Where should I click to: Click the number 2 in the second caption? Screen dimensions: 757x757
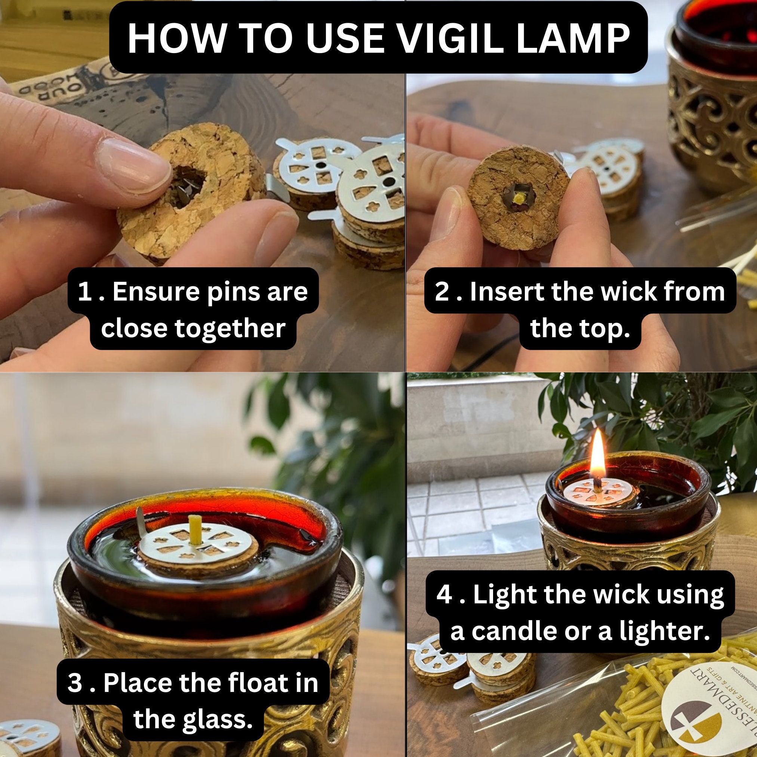click(x=442, y=292)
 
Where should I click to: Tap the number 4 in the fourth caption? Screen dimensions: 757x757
click(x=444, y=594)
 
